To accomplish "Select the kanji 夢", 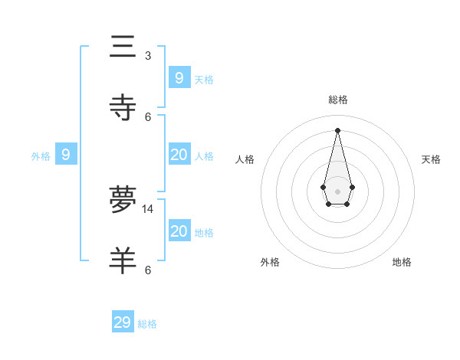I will [123, 200].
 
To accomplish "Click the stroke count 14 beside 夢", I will [148, 208].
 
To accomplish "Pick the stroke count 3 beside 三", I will [148, 55].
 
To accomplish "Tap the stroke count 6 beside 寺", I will [148, 116].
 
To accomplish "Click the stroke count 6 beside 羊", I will [148, 270].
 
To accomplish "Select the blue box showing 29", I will [123, 322].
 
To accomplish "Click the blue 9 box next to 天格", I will [179, 77].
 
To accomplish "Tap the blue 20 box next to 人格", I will [179, 155].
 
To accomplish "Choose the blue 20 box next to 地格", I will [179, 231].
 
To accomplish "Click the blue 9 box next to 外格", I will [66, 155].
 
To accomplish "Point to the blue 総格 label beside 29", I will [147, 324].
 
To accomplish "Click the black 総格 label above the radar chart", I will [338, 100].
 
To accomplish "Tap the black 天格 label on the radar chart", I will [431, 159].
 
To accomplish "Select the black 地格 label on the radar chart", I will [402, 262].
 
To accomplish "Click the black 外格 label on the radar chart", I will [270, 262].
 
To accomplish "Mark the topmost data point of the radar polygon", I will [338, 129].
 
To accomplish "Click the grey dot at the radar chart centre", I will [338, 191].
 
